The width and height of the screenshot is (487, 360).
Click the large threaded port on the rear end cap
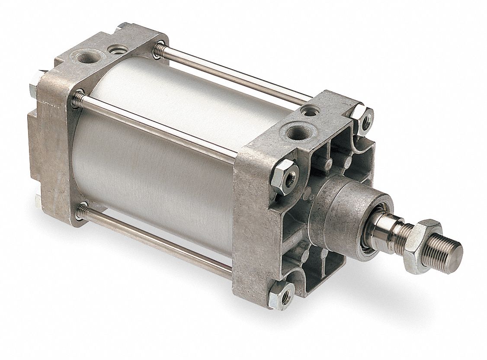[82, 58]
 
